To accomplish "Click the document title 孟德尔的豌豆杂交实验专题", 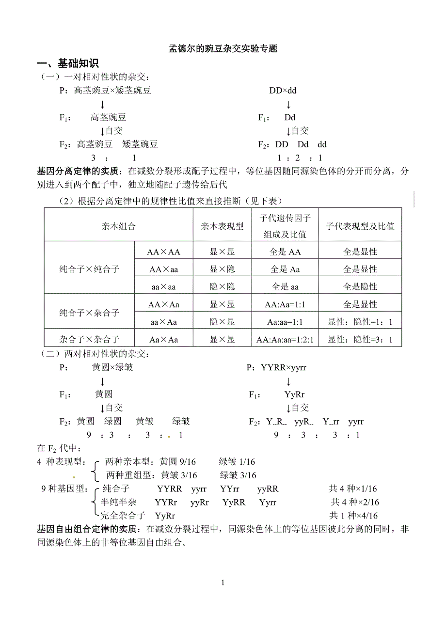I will click(223, 48).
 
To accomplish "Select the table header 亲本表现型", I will click(222, 226).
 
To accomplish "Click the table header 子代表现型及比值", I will click(360, 226).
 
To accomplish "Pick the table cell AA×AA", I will click(163, 252).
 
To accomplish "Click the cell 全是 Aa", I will click(285, 269).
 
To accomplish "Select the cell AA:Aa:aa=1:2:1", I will click(285, 340).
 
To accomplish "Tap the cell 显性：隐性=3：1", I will click(360, 340).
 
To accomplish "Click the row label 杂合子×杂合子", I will click(89, 340).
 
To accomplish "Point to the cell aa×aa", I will click(163, 287).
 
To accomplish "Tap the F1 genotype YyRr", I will click(294, 394).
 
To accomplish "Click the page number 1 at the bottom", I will click(223, 583).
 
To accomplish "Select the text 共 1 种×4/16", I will click(353, 516).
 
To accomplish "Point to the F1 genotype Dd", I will click(290, 117).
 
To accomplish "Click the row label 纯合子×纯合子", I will click(89, 269).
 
